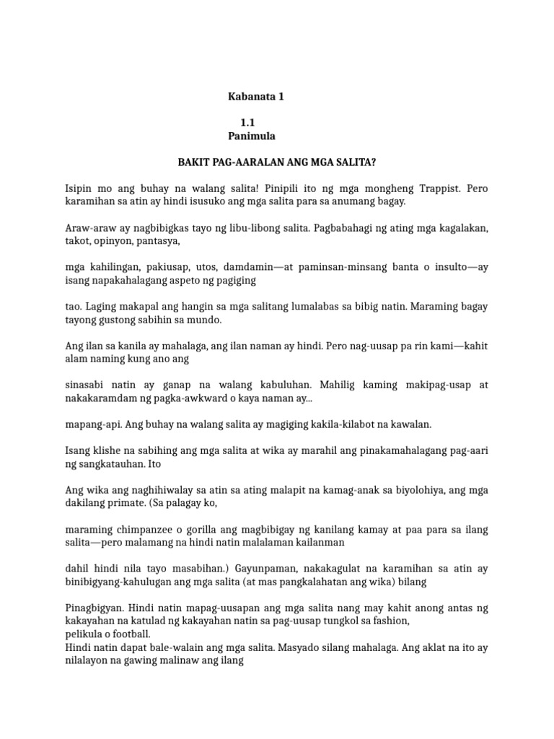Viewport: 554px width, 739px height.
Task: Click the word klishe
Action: tap(105, 450)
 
